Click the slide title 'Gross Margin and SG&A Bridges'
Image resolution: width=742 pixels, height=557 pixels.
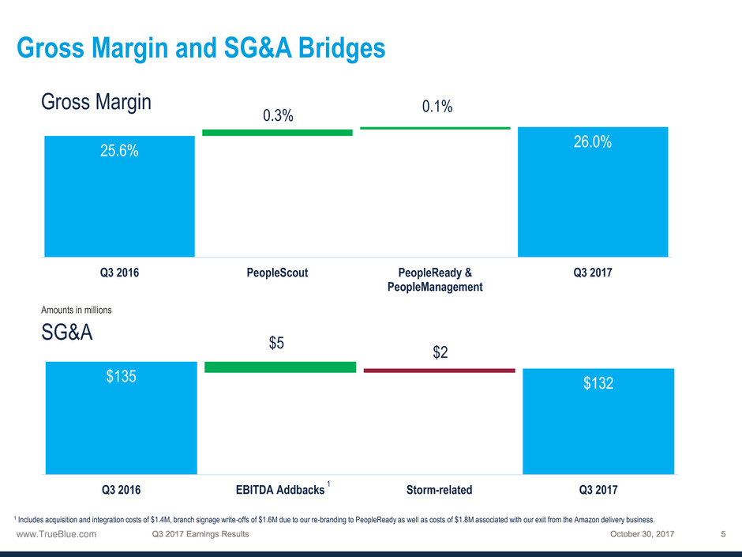[200, 49]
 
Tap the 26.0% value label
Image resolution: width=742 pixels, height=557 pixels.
[592, 143]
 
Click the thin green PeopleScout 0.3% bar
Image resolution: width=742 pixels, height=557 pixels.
[277, 133]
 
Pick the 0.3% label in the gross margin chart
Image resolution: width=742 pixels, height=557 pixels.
[278, 116]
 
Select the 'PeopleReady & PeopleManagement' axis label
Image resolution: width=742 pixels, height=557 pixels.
[435, 280]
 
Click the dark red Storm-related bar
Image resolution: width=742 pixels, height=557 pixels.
[439, 370]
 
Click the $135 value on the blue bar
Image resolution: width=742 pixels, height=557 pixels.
[122, 377]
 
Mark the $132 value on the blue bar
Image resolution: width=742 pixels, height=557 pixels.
[598, 383]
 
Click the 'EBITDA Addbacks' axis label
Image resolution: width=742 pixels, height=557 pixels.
[280, 490]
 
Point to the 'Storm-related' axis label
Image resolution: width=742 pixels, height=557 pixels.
[439, 490]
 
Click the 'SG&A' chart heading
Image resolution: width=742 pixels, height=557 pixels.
[67, 333]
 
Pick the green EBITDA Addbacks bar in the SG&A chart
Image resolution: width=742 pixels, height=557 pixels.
[280, 367]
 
